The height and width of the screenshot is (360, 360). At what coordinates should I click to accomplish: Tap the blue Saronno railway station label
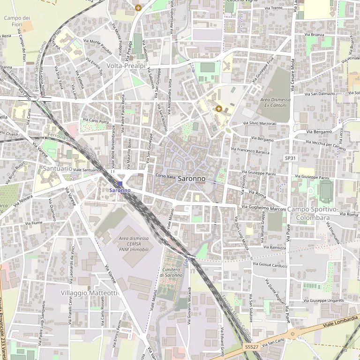pyautogui.click(x=120, y=190)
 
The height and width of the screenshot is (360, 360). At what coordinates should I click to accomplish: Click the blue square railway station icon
pyautogui.click(x=120, y=184)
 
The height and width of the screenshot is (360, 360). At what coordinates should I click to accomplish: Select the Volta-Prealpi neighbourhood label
pyautogui.click(x=126, y=66)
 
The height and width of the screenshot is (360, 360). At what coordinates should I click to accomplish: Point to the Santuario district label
pyautogui.click(x=57, y=168)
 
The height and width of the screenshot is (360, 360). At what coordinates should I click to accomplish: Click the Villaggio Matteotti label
pyautogui.click(x=89, y=292)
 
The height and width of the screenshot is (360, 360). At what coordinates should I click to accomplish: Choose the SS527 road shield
pyautogui.click(x=252, y=346)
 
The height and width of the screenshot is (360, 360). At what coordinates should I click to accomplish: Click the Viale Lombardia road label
pyautogui.click(x=340, y=322)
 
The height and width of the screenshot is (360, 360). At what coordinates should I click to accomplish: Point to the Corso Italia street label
pyautogui.click(x=165, y=176)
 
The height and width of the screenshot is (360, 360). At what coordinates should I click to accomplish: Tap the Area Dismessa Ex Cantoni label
pyautogui.click(x=276, y=103)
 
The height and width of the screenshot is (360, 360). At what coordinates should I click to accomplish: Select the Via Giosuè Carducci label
pyautogui.click(x=270, y=264)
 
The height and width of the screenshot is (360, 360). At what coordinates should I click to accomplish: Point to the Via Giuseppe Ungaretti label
pyautogui.click(x=323, y=300)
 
